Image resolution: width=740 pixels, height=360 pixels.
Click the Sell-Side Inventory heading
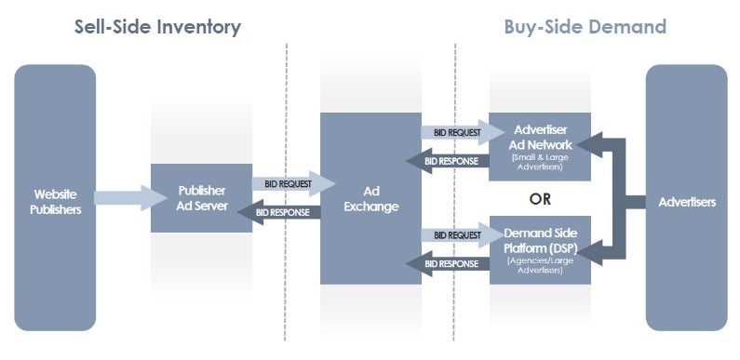point(157,27)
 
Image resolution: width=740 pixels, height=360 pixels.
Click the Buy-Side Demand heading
point(585,27)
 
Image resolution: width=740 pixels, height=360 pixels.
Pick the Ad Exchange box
point(370,197)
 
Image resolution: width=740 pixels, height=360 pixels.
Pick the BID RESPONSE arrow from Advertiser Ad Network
point(448,161)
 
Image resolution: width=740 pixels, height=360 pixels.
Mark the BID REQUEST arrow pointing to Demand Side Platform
point(455,235)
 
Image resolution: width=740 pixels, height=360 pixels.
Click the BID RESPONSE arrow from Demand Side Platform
point(448,264)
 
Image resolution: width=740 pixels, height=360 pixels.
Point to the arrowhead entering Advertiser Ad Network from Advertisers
point(589,143)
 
